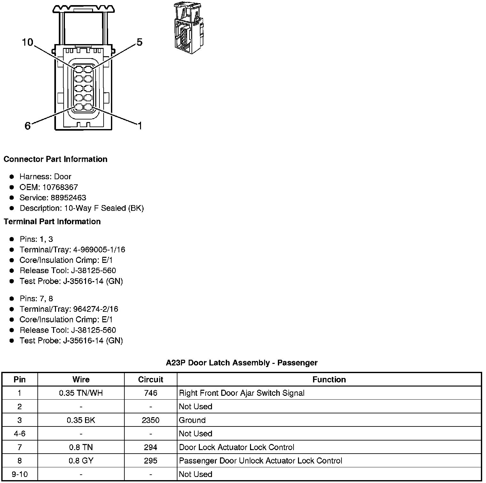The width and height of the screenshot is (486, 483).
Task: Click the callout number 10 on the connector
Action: pyautogui.click(x=27, y=42)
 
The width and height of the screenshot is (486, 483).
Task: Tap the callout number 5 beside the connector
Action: pyautogui.click(x=139, y=42)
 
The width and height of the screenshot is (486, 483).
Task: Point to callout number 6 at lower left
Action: pyautogui.click(x=28, y=126)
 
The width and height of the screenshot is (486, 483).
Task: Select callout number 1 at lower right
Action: pyautogui.click(x=139, y=126)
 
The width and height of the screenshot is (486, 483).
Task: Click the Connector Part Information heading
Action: pyautogui.click(x=55, y=159)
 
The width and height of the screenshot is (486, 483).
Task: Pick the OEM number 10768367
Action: pyautogui.click(x=60, y=187)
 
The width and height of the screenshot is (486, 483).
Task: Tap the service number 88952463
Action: pyautogui.click(x=68, y=198)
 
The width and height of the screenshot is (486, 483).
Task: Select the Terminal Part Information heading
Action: pyautogui.click(x=52, y=221)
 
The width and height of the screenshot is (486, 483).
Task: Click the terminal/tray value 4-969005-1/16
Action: pyautogui.click(x=99, y=249)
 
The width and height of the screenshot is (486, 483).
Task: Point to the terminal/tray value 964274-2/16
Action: pyautogui.click(x=96, y=309)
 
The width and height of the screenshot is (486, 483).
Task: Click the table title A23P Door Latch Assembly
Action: pyautogui.click(x=242, y=363)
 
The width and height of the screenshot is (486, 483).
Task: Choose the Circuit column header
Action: pyautogui.click(x=151, y=379)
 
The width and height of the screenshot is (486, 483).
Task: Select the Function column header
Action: pyautogui.click(x=329, y=379)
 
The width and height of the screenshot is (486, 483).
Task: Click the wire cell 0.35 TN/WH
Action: pyautogui.click(x=81, y=393)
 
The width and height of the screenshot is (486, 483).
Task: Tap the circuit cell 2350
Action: pyautogui.click(x=151, y=420)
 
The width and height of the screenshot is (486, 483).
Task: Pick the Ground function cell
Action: pyautogui.click(x=192, y=420)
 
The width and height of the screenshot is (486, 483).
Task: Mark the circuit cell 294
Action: pyautogui.click(x=151, y=447)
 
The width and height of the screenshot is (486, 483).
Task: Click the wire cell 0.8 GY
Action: pyautogui.click(x=81, y=461)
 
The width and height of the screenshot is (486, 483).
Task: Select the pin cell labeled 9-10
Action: pyautogui.click(x=20, y=474)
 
